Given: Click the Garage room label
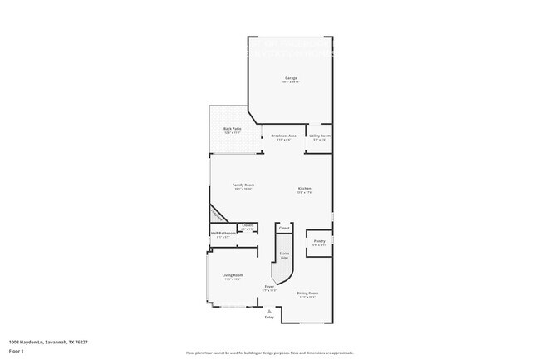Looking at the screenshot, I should click(291, 78).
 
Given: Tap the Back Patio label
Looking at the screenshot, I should click(232, 128).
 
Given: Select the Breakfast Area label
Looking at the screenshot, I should click(284, 135).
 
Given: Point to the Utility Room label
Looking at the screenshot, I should click(320, 135).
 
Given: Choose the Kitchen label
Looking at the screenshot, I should click(305, 189).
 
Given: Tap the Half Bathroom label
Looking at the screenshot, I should click(223, 234).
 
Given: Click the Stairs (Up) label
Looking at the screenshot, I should click(284, 254).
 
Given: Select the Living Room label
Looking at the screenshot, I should click(232, 275).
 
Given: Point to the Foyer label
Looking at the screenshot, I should click(269, 287).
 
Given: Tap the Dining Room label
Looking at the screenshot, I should click(307, 293).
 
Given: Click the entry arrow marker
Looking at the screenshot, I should click(268, 311).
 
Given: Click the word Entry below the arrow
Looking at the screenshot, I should click(268, 318).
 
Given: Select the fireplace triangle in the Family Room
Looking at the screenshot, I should click(216, 215).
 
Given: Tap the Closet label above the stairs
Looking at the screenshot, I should click(283, 227).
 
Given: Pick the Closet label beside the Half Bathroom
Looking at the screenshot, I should click(247, 225).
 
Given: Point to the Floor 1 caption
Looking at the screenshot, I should click(15, 351).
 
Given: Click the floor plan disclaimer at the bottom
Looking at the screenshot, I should click(270, 352).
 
